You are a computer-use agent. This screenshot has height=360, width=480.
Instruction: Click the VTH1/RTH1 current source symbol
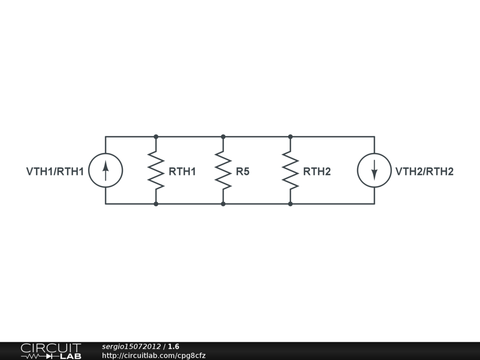(105, 170)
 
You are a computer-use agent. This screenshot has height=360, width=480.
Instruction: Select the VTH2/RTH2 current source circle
(374, 170)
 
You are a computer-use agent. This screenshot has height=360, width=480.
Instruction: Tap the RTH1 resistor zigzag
(156, 170)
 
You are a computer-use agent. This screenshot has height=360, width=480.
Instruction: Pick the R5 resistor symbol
(223, 170)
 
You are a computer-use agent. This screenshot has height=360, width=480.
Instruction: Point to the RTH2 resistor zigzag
(290, 170)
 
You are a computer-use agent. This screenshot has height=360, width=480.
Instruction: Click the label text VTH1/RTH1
(55, 172)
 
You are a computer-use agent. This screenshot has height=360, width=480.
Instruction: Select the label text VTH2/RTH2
(424, 172)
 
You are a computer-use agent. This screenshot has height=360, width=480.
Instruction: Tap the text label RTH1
(182, 172)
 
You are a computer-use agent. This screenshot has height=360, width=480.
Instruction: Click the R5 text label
(243, 172)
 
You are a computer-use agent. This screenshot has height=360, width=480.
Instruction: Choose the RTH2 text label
(317, 172)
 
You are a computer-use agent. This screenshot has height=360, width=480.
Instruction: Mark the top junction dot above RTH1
(156, 137)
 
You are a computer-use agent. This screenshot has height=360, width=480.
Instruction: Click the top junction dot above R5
(223, 137)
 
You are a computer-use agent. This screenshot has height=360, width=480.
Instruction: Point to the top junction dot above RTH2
(290, 137)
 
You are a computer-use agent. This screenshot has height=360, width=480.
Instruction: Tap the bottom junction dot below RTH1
(156, 204)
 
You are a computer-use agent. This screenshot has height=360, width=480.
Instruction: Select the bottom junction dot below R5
(223, 204)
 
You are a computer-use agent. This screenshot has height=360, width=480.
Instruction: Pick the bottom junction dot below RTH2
(290, 204)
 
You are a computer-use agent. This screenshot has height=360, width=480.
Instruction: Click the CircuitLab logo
(51, 351)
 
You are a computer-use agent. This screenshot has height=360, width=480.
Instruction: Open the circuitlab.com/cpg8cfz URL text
(154, 356)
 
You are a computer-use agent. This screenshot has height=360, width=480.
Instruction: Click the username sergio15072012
(132, 346)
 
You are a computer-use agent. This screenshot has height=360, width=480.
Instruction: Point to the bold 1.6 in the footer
(174, 346)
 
